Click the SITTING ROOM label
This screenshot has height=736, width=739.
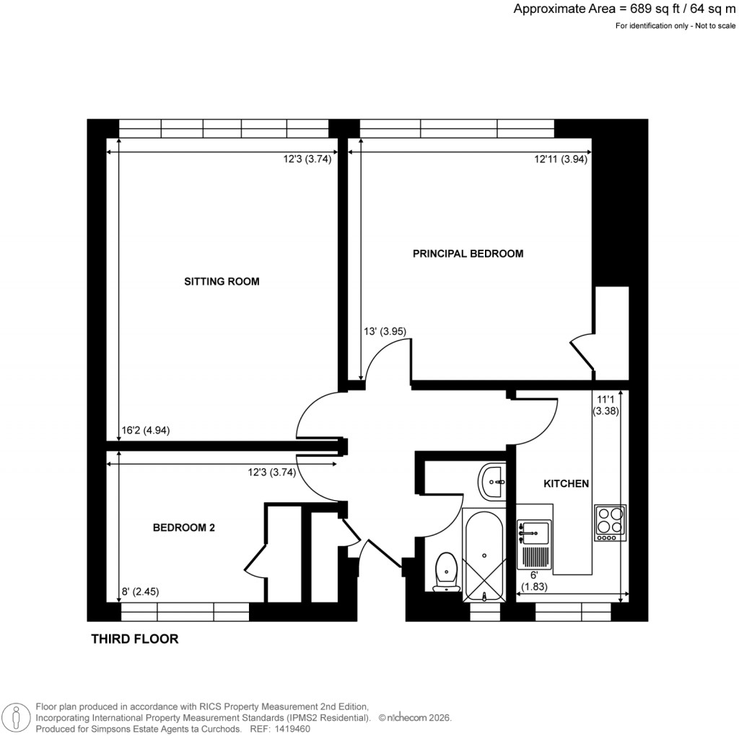click(222, 281)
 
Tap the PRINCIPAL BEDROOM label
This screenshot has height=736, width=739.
click(468, 253)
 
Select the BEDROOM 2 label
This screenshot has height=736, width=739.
click(183, 527)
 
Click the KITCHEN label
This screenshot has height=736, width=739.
click(567, 483)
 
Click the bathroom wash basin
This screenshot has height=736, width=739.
click(492, 481)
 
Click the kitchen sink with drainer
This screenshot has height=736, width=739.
click(535, 545)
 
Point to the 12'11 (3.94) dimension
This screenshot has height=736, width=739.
click(561, 160)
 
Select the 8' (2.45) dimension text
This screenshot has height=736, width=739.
click(140, 591)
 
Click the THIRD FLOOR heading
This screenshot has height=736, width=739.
click(134, 639)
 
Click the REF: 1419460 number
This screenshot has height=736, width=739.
click(289, 729)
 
